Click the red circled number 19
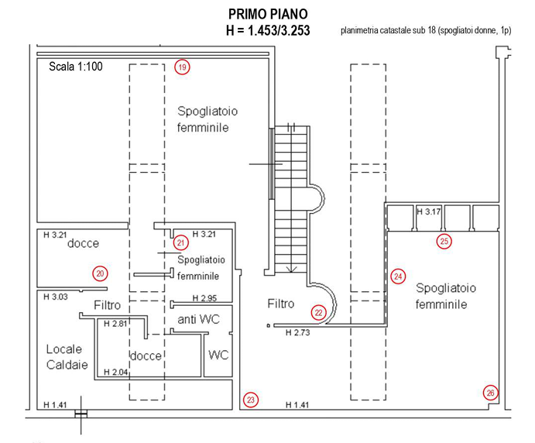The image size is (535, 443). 182,67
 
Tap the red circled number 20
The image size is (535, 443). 99,273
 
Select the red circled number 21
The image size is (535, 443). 181,242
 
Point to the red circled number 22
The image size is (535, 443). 319,312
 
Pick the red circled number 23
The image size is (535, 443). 250,400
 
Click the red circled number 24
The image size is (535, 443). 398,276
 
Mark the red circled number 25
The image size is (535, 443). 444,241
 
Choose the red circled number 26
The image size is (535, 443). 491,393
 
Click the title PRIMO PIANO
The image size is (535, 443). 268,15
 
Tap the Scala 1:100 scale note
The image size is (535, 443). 75,67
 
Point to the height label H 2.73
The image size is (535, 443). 297,333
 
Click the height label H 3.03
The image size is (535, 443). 55,297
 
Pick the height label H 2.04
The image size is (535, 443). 115,372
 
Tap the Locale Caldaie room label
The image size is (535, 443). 67,356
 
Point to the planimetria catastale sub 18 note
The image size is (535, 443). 427,32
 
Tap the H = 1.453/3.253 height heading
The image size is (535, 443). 268,31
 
